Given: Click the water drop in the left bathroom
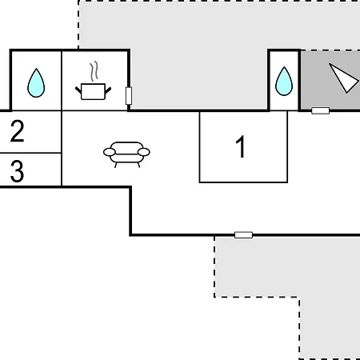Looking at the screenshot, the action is pyautogui.click(x=36, y=83).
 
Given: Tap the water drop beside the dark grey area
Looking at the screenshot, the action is pyautogui.click(x=284, y=81).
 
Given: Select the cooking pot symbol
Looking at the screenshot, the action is pyautogui.click(x=93, y=91).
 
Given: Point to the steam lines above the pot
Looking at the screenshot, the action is pyautogui.click(x=94, y=71).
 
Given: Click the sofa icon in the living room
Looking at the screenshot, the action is pyautogui.click(x=126, y=154).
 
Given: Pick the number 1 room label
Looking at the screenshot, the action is pyautogui.click(x=241, y=146).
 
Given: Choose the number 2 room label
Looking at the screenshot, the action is pyautogui.click(x=18, y=131).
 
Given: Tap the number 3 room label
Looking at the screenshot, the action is pyautogui.click(x=17, y=171).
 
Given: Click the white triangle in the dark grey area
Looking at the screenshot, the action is pyautogui.click(x=344, y=78).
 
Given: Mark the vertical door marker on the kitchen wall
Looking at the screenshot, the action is pyautogui.click(x=129, y=96).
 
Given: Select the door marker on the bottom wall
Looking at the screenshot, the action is pyautogui.click(x=243, y=235).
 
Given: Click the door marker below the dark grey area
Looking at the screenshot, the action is pyautogui.click(x=321, y=110).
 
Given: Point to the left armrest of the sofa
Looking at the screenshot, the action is pyautogui.click(x=110, y=152).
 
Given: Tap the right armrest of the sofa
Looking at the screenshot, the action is pyautogui.click(x=144, y=152).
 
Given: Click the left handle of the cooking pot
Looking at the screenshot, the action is pyautogui.click(x=78, y=90).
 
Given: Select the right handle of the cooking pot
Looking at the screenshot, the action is pyautogui.click(x=108, y=90).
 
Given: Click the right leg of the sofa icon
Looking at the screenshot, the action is pyautogui.click(x=138, y=165).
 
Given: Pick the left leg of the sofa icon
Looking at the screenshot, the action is pyautogui.click(x=116, y=165).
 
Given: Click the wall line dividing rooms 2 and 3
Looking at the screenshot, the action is pyautogui.click(x=30, y=153).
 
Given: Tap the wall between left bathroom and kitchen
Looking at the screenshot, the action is pyautogui.click(x=62, y=81).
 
